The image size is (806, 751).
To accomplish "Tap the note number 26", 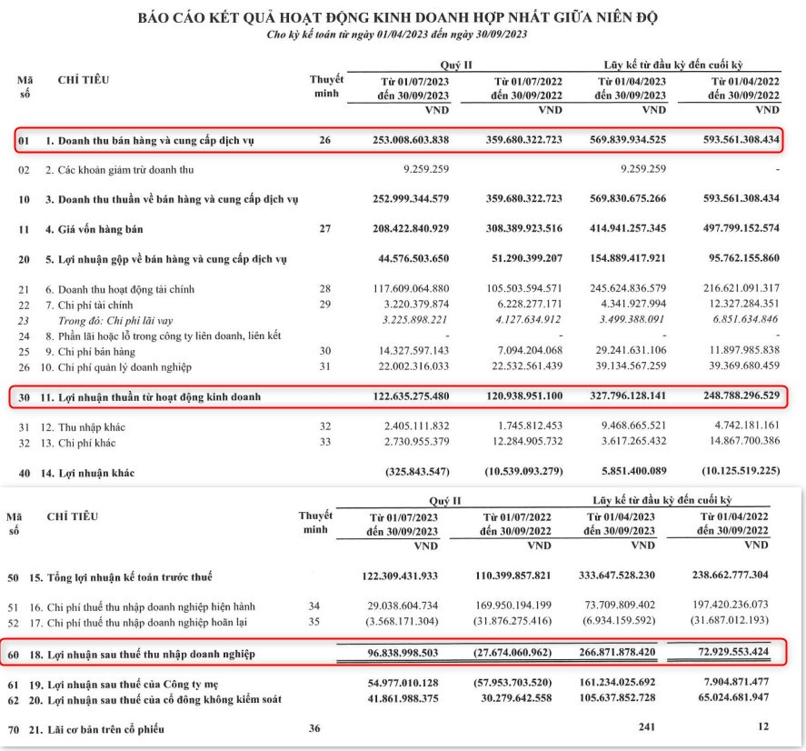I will (x=326, y=142).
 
